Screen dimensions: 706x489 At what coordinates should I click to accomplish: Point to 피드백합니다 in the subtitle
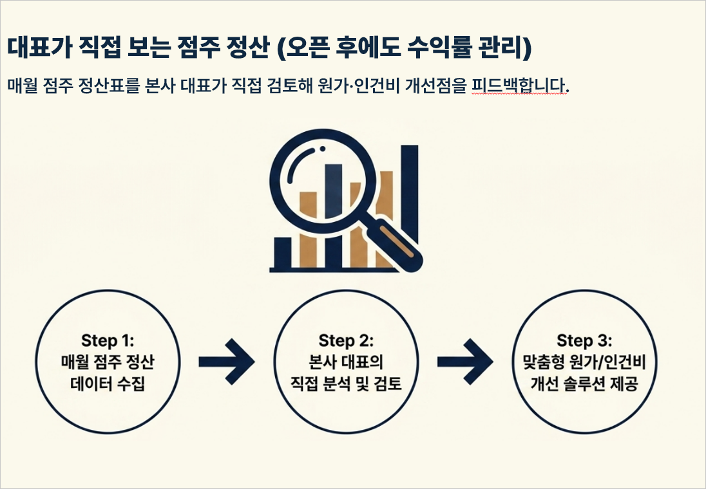click(520, 86)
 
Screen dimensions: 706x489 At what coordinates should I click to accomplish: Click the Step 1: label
click(108, 340)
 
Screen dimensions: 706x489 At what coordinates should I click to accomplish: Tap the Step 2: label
click(347, 340)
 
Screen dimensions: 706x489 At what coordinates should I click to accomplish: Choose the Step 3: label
click(584, 340)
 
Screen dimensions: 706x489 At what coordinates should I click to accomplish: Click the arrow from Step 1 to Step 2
click(227, 362)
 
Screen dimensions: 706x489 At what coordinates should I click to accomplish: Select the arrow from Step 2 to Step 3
click(464, 362)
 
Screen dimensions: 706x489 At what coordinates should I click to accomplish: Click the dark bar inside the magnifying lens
click(334, 191)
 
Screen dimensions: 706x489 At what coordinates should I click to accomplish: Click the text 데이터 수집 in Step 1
click(108, 383)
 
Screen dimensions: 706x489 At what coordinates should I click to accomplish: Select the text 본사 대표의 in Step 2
click(347, 362)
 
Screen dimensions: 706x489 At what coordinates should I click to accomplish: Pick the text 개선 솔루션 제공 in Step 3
click(584, 383)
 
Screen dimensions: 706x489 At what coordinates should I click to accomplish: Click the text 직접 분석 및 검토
click(347, 383)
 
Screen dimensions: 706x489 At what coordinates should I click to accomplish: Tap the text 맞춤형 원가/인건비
click(584, 362)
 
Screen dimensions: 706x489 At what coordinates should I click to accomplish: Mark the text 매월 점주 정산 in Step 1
click(108, 362)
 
